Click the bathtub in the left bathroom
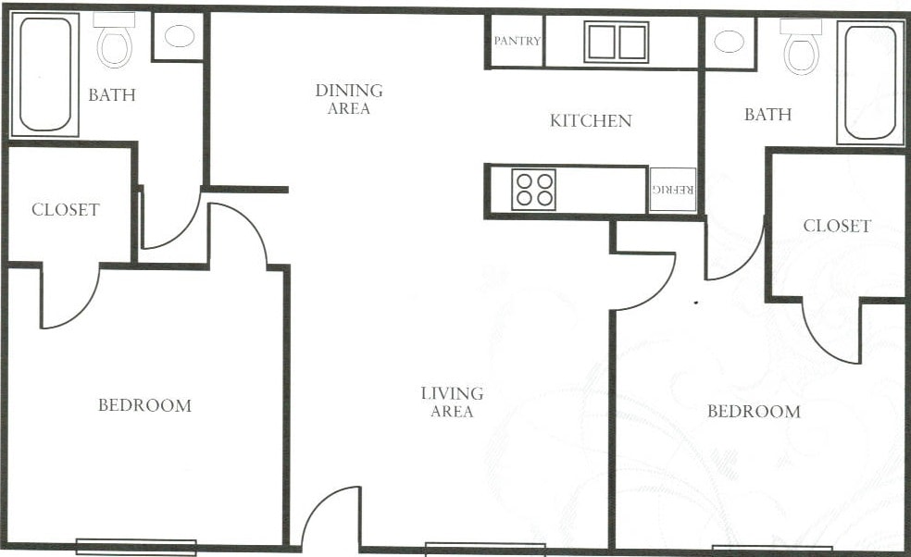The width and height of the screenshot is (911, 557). pyautogui.click(x=44, y=73)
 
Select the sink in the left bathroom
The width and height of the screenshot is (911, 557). pyautogui.click(x=179, y=36)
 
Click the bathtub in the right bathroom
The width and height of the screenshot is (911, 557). pyautogui.click(x=870, y=81)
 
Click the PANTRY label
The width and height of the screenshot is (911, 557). pyautogui.click(x=517, y=42)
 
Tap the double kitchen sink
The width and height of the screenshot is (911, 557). pyautogui.click(x=616, y=42)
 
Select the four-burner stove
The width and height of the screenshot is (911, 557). pyautogui.click(x=534, y=189)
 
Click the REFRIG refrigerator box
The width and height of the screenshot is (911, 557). pyautogui.click(x=673, y=190)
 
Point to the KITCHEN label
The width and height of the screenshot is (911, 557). pyautogui.click(x=591, y=120)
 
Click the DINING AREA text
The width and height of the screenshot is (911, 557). pyautogui.click(x=349, y=99)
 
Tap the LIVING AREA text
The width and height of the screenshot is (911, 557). pyautogui.click(x=452, y=402)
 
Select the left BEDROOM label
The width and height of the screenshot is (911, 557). pyautogui.click(x=145, y=405)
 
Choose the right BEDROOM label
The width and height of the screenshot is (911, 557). pyautogui.click(x=754, y=411)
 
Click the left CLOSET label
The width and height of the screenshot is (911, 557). pyautogui.click(x=65, y=210)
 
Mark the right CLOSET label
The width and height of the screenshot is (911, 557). pyautogui.click(x=837, y=226)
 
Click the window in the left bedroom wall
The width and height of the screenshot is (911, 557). pyautogui.click(x=136, y=546)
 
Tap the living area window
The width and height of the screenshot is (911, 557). pyautogui.click(x=485, y=548)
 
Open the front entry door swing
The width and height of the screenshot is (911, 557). pyautogui.click(x=329, y=518)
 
